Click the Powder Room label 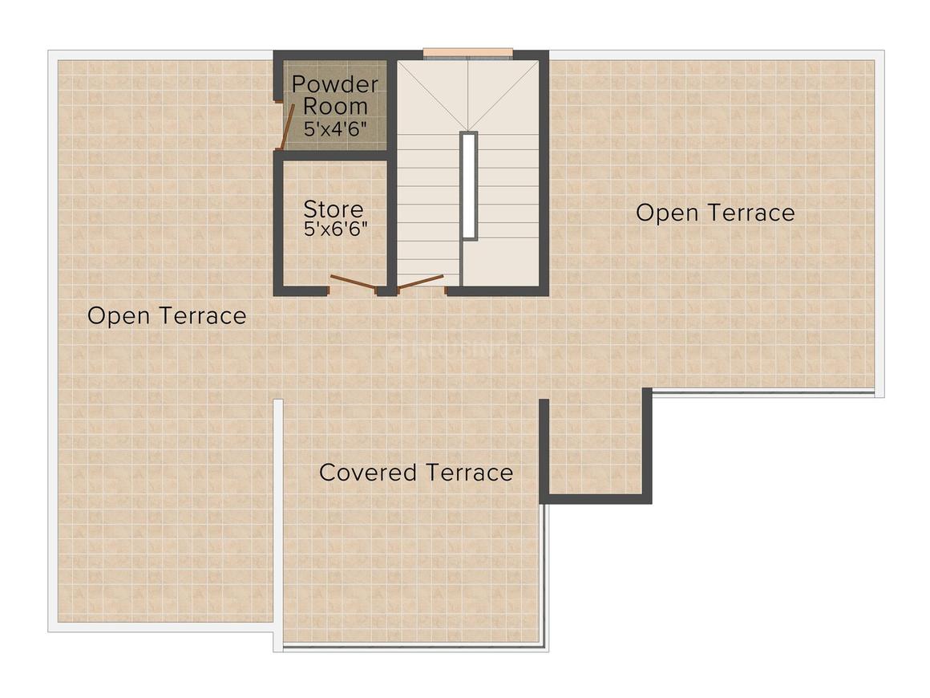[334, 95]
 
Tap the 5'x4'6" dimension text [335, 128]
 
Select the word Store [333, 209]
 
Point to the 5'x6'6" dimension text [335, 229]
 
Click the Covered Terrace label [416, 472]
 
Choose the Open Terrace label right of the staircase [715, 213]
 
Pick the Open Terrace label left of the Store [167, 315]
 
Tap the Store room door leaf [353, 282]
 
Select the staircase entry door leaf [421, 281]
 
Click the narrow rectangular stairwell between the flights [469, 185]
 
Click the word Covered [367, 472]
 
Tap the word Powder [334, 84]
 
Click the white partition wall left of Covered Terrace [278, 521]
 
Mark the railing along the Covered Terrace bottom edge [413, 646]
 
